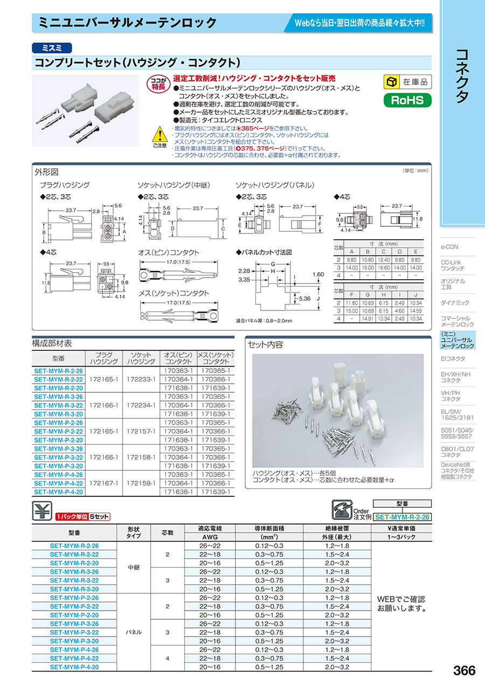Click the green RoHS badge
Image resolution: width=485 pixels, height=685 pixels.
(x=407, y=100)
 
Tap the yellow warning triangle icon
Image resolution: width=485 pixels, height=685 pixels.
(x=160, y=134)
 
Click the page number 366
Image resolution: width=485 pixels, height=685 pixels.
(x=464, y=670)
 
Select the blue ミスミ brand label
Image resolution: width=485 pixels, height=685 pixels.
(x=52, y=48)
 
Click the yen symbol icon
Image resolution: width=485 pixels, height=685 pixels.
(x=42, y=510)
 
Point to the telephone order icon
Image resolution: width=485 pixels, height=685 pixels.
(x=342, y=509)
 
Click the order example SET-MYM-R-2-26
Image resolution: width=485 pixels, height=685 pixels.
(x=402, y=517)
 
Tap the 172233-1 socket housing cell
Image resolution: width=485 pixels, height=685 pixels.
(x=141, y=379)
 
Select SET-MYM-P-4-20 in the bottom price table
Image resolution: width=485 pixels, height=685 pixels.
(x=74, y=667)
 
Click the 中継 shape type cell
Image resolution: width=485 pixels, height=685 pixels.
(x=134, y=568)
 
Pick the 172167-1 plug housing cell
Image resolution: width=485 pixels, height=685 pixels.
(x=103, y=483)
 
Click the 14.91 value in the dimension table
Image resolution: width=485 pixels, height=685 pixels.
(x=368, y=319)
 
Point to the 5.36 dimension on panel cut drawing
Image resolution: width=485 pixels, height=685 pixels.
(x=304, y=299)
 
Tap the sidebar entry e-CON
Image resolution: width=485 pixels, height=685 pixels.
(x=449, y=247)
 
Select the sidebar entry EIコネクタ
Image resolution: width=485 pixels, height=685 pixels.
(x=453, y=358)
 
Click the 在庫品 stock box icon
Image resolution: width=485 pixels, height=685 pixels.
(x=392, y=81)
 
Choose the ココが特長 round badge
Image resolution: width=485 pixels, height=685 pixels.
(x=158, y=83)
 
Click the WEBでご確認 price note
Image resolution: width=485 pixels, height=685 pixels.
(x=401, y=599)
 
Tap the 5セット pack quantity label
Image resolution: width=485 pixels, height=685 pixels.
(x=99, y=516)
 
